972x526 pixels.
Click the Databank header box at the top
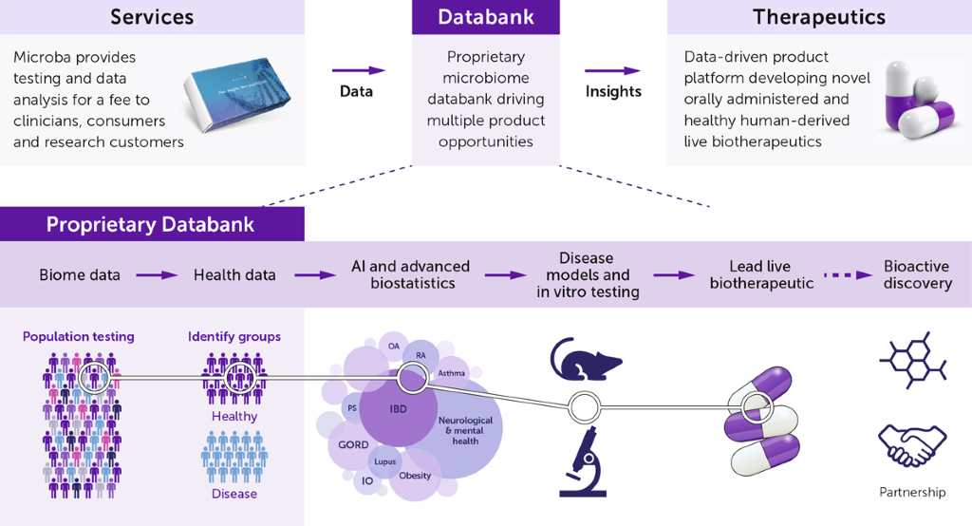[x=485, y=17]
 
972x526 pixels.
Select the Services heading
[x=152, y=17]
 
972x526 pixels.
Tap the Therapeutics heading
[x=818, y=17]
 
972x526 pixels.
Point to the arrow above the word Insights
[x=612, y=70]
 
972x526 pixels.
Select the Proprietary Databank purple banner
[x=152, y=224]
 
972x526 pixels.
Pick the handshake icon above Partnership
[x=912, y=445]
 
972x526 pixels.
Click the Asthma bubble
[x=451, y=373]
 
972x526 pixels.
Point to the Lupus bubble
[x=384, y=460]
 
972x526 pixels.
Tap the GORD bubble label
[x=353, y=445]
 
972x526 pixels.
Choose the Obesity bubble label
[x=415, y=476]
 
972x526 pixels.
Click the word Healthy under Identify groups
[x=234, y=416]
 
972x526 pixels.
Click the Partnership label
[x=912, y=492]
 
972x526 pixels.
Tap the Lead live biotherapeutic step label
[x=760, y=275]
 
